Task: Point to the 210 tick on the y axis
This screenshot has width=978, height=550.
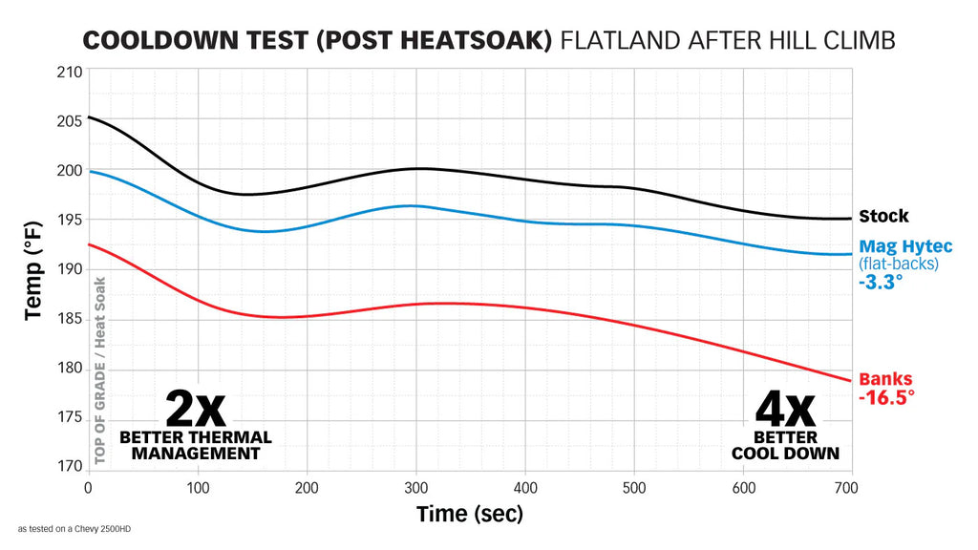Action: click(x=70, y=72)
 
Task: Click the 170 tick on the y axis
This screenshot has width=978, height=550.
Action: click(x=70, y=467)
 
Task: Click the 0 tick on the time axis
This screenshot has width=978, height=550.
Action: click(x=89, y=488)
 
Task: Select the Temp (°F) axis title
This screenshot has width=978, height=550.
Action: click(x=33, y=270)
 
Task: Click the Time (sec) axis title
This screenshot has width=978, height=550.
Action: click(x=470, y=515)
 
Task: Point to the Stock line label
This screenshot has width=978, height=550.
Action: click(x=883, y=217)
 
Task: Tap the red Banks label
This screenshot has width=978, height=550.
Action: click(x=885, y=379)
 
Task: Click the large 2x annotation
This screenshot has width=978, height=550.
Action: click(x=196, y=409)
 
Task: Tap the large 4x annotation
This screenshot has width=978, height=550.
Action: click(x=785, y=409)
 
